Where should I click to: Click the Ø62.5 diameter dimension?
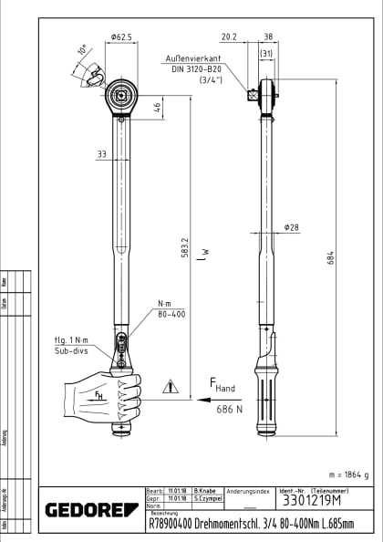coord(121,37)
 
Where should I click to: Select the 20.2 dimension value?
coord(229,37)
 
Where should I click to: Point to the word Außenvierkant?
coord(196,56)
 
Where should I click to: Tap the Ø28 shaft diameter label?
coord(292,228)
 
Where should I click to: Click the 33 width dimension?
coord(100,154)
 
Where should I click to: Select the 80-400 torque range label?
coord(171,313)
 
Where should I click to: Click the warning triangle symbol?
coord(170,387)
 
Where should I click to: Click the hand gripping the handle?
coord(102,394)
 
